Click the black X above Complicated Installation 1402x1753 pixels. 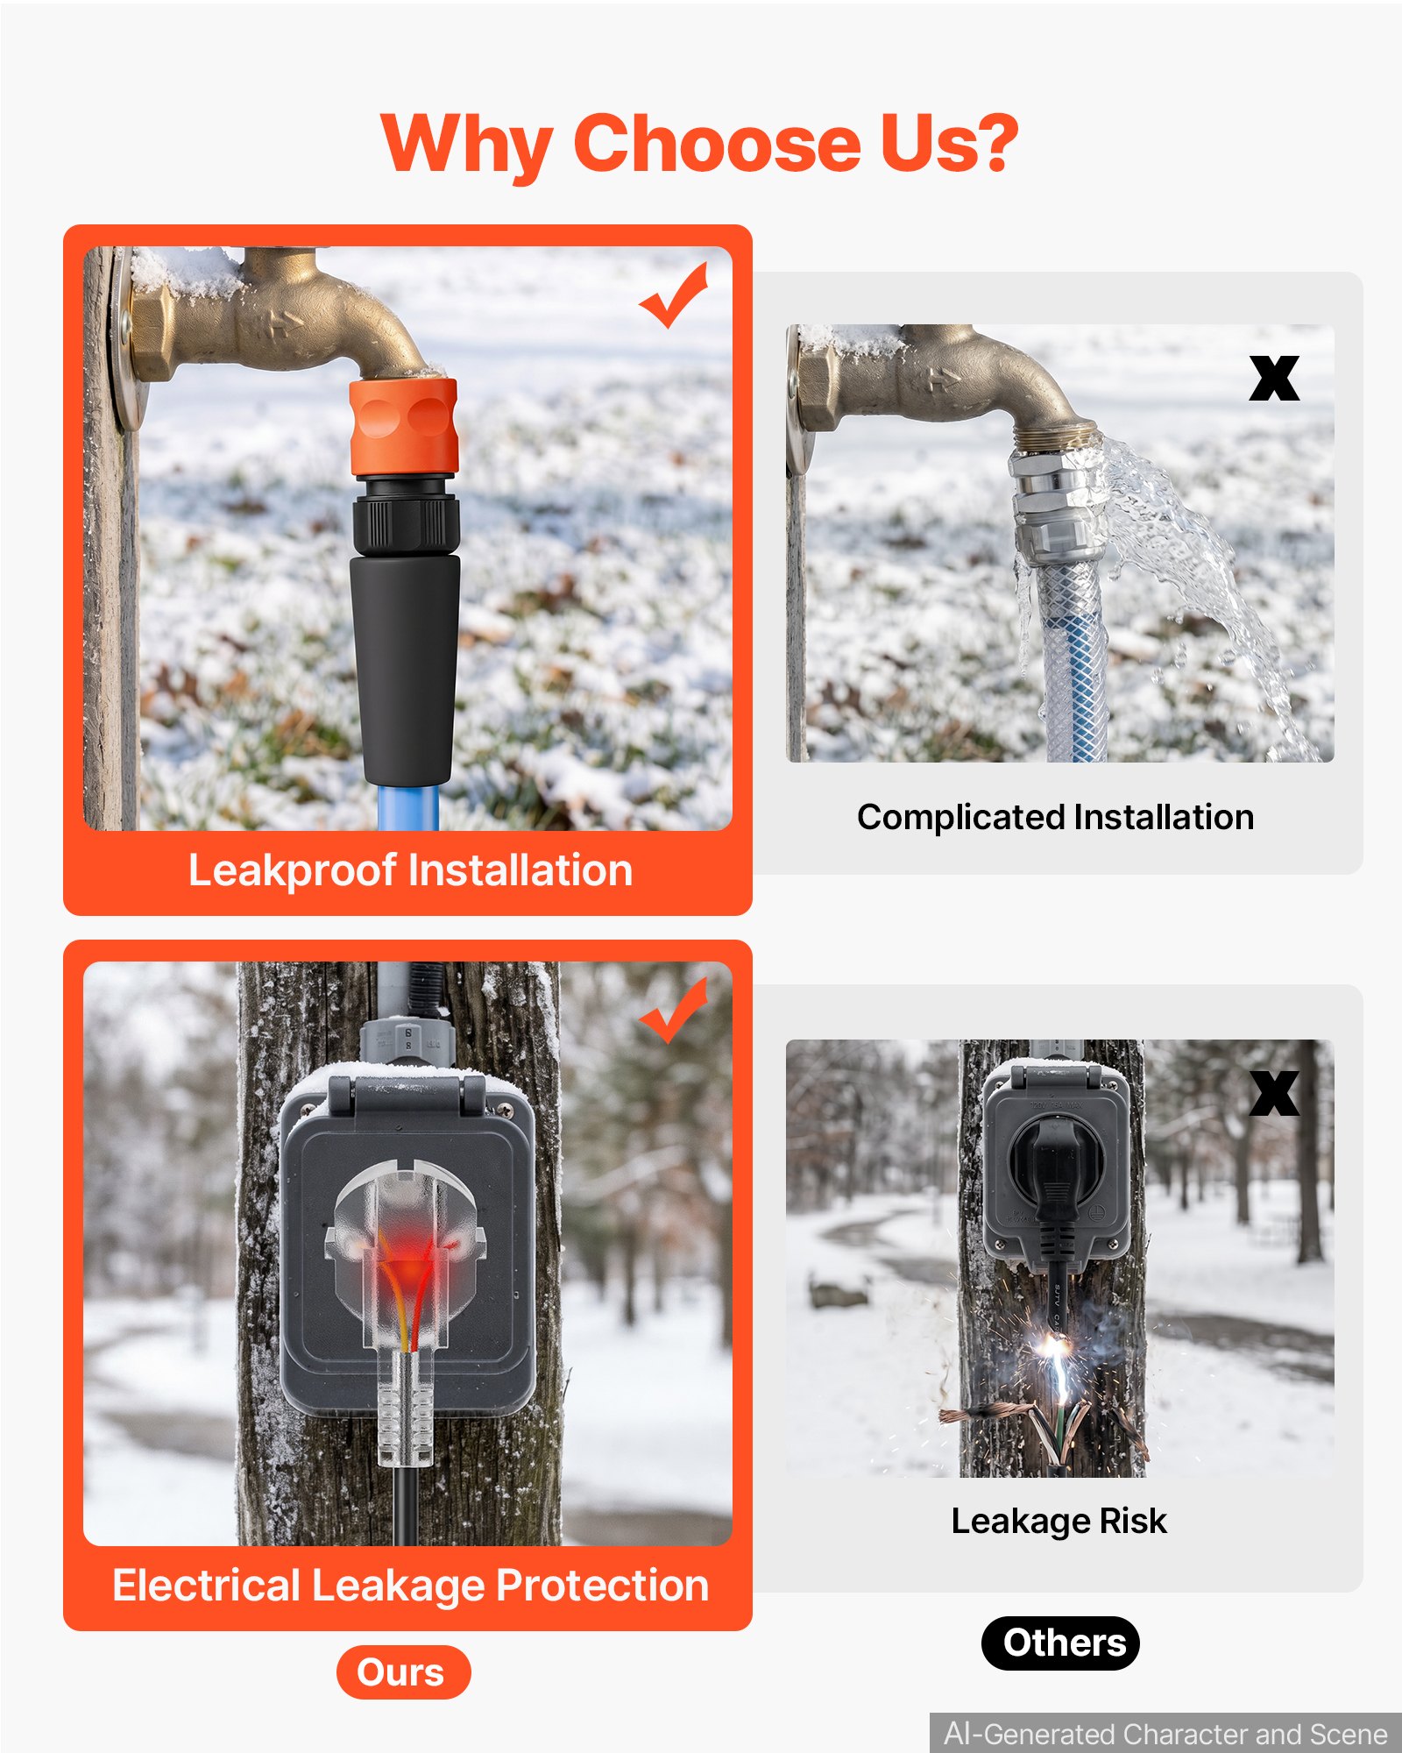(x=1274, y=379)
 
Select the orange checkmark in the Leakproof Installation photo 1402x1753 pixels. (x=674, y=295)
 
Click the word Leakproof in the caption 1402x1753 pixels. (x=293, y=871)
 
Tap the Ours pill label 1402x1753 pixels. (x=403, y=1672)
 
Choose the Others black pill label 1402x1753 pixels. (x=1060, y=1643)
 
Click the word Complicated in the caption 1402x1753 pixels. (x=960, y=818)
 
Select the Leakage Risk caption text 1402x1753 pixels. (x=1059, y=1522)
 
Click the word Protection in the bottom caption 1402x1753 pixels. (x=602, y=1586)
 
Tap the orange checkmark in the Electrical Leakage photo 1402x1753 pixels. (x=674, y=1011)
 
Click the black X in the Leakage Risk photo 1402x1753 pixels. (x=1274, y=1094)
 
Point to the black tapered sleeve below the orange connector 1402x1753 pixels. (x=406, y=671)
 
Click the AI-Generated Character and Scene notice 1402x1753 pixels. (x=1165, y=1734)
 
